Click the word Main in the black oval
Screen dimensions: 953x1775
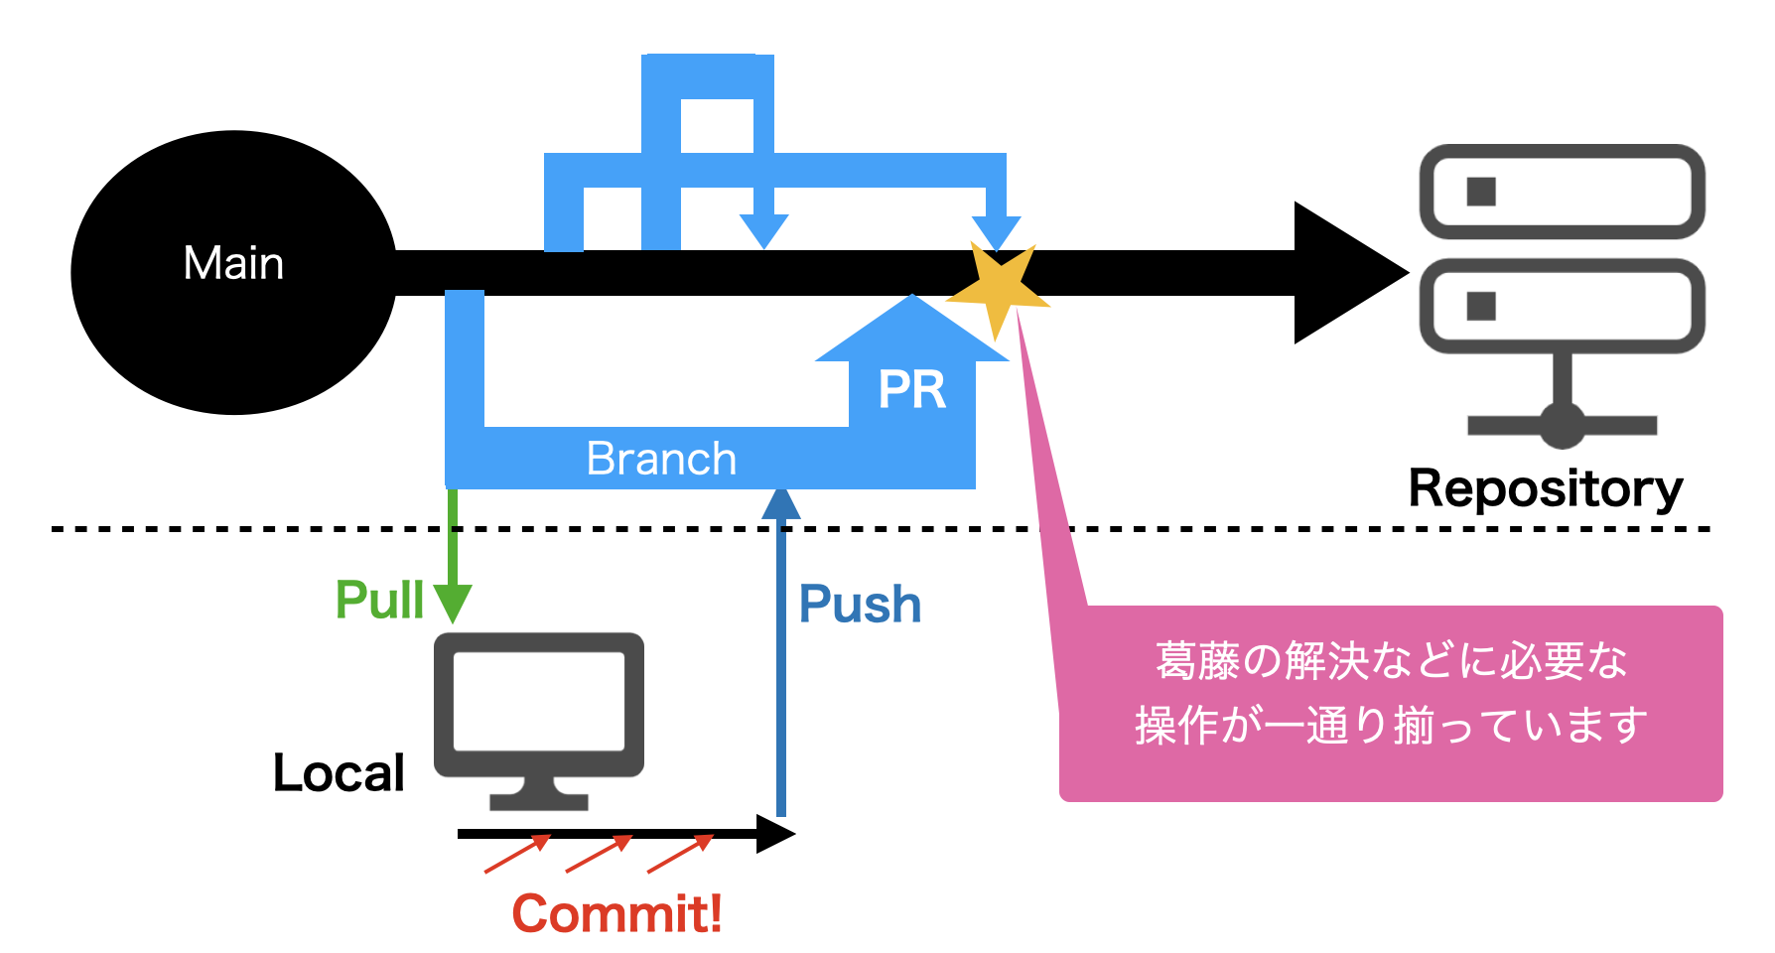[x=233, y=264]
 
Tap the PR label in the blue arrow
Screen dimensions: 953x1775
[x=911, y=389]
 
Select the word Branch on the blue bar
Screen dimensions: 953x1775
[x=661, y=459]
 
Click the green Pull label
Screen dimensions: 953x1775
[x=379, y=600]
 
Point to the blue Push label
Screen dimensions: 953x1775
[x=860, y=605]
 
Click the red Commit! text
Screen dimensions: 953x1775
[x=616, y=913]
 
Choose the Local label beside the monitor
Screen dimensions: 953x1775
[x=339, y=772]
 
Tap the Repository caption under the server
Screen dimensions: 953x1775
[x=1546, y=488]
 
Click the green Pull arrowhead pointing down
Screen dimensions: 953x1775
[x=453, y=603]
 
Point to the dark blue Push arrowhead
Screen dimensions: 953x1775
[x=781, y=504]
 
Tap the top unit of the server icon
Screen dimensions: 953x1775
[x=1562, y=192]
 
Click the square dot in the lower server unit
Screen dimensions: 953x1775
[x=1481, y=306]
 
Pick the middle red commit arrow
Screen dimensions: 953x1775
[x=599, y=854]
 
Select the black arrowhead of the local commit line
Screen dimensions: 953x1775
[x=774, y=834]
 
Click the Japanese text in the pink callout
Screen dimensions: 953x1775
[x=1390, y=693]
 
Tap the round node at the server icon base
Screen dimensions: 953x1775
[x=1563, y=425]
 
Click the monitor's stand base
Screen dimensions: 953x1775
[x=539, y=800]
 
